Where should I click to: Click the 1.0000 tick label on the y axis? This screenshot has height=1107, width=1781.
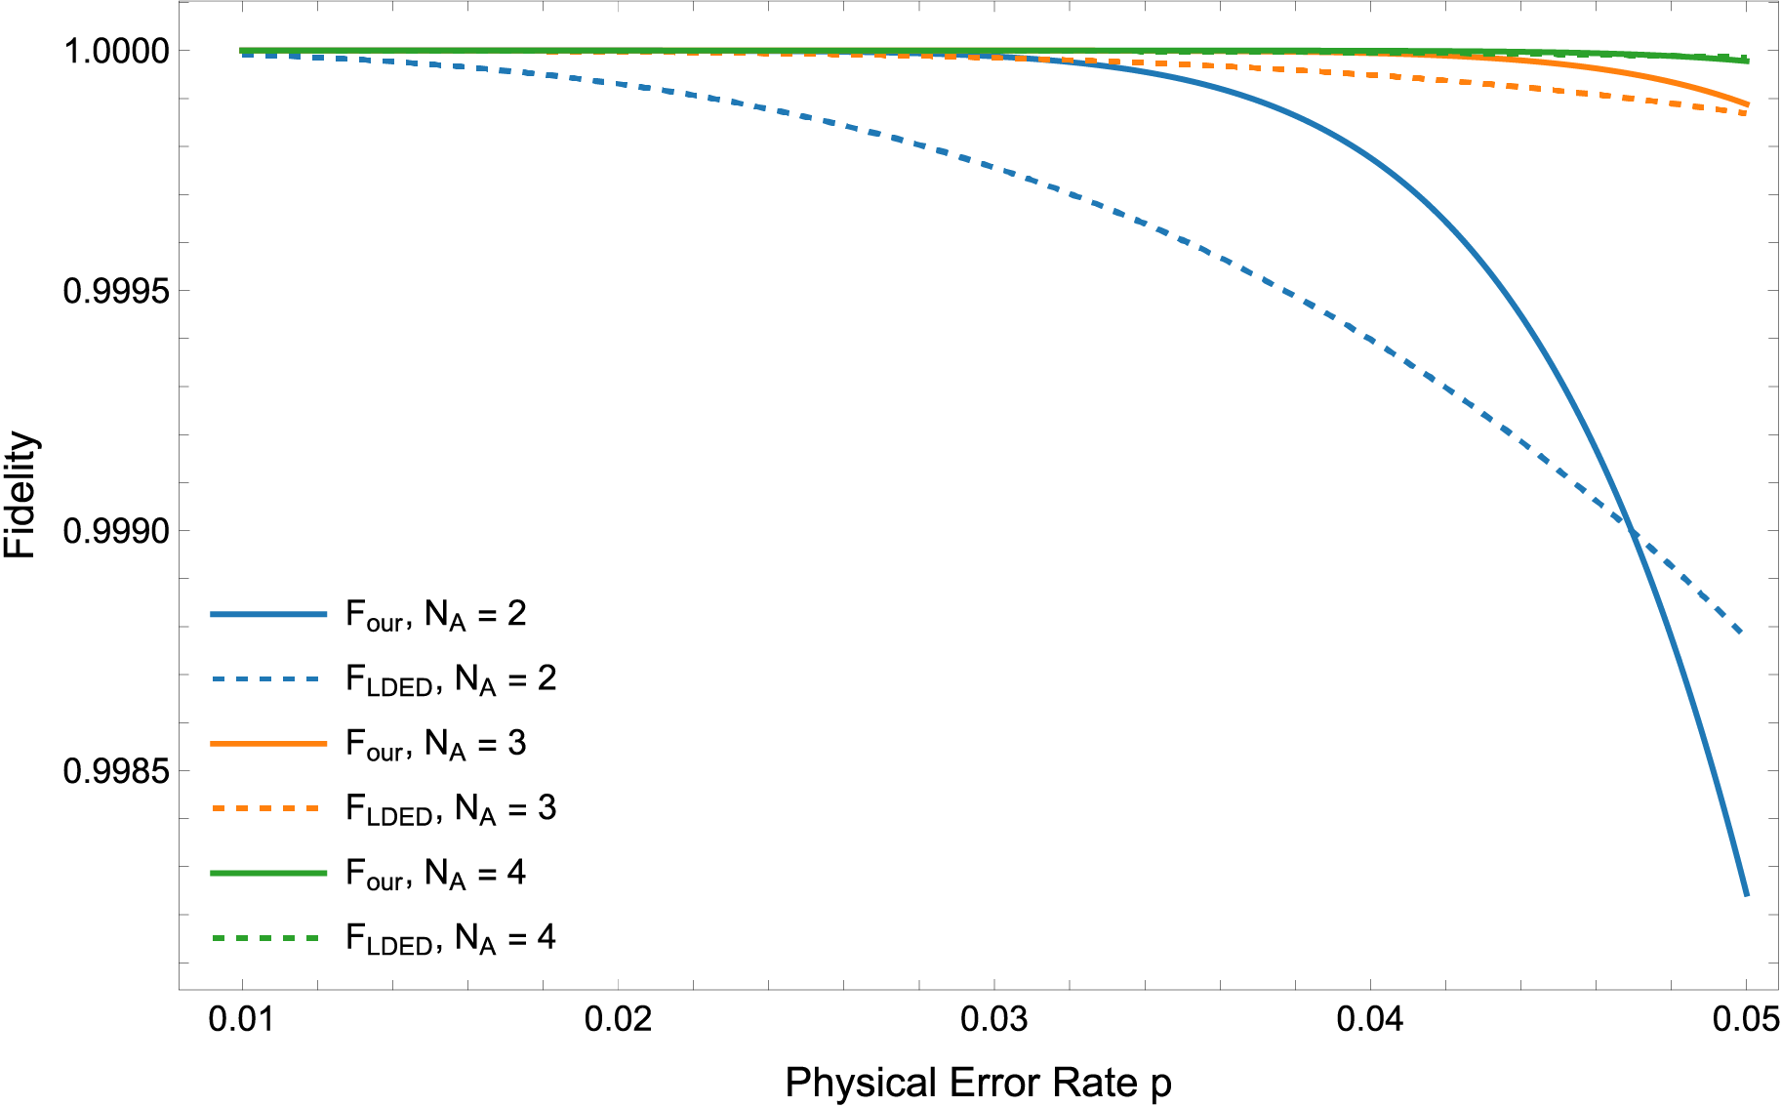point(115,51)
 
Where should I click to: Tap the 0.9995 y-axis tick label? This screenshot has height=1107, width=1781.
point(115,291)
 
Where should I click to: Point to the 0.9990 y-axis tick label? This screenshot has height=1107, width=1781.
point(115,531)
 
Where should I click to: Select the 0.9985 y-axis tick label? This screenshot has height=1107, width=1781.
point(115,771)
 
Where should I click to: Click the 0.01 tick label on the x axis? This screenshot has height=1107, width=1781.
point(241,1019)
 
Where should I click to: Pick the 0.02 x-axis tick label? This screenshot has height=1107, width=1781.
point(618,1019)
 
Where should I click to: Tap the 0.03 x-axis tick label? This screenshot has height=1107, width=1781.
point(993,1019)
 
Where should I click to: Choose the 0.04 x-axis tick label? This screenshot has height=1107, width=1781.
point(1369,1019)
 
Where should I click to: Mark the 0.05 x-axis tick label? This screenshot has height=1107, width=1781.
point(1745,1019)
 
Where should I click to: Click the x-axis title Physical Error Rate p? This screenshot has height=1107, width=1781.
point(978,1083)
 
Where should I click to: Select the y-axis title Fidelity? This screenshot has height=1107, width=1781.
point(20,494)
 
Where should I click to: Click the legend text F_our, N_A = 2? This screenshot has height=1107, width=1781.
point(436,615)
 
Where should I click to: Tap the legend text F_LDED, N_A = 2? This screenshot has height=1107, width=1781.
point(451,679)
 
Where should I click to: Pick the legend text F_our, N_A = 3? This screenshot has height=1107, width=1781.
point(436,744)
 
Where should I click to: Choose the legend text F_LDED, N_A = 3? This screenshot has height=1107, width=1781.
point(451,809)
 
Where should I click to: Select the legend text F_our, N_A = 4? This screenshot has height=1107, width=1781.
point(436,874)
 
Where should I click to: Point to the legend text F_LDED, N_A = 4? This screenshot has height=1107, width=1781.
point(451,938)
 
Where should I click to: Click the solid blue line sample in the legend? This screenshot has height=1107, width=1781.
point(268,614)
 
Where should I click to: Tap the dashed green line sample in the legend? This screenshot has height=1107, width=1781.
point(268,938)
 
